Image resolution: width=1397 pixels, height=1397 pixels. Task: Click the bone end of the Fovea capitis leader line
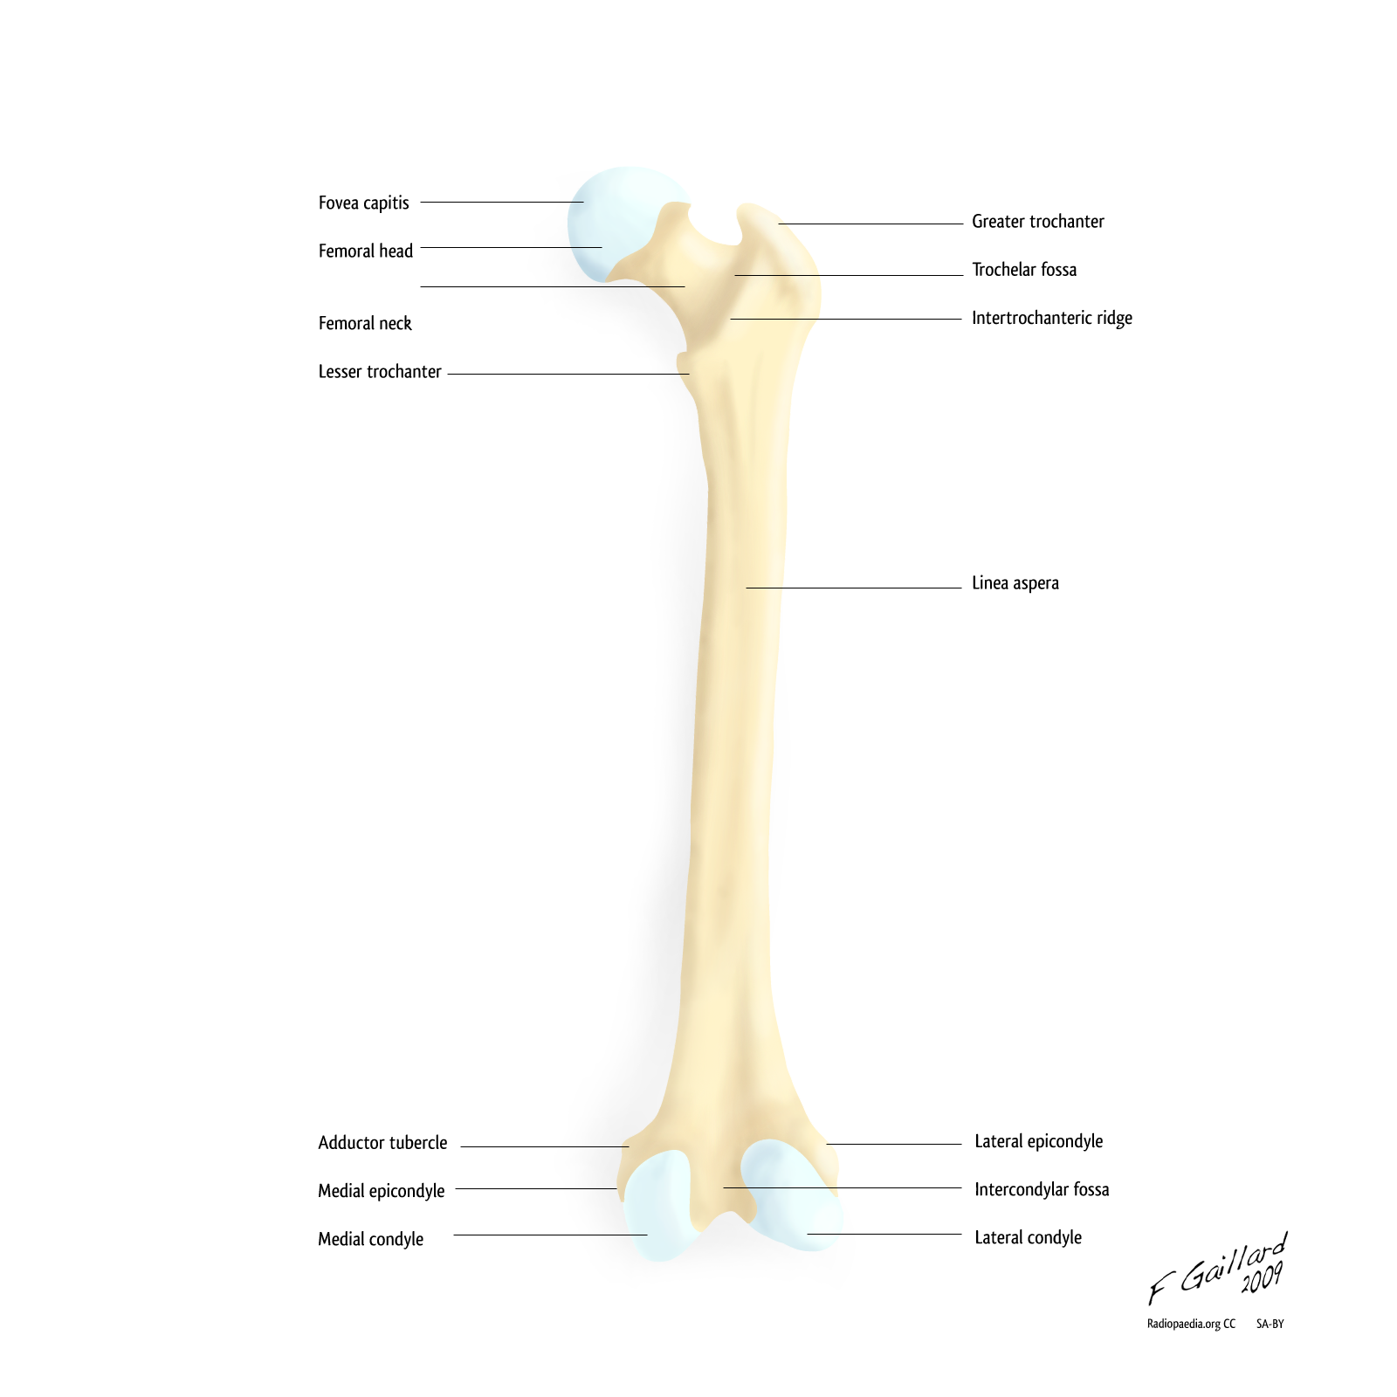point(583,202)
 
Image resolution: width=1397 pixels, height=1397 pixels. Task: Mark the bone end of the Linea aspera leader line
point(747,588)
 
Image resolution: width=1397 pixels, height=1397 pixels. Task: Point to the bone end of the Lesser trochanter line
point(689,374)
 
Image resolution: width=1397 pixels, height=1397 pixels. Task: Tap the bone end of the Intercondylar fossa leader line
point(724,1187)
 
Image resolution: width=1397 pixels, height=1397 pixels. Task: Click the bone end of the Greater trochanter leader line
point(779,224)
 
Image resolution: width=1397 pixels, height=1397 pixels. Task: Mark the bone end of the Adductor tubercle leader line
point(629,1146)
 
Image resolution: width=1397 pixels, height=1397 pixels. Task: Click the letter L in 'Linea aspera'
point(976,582)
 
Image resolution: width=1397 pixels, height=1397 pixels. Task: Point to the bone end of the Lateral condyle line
point(808,1234)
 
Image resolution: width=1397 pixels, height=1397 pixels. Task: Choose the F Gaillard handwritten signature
point(1217,1269)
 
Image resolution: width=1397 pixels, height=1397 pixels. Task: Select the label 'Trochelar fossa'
point(1024,269)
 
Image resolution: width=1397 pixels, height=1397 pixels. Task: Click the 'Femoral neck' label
point(365,323)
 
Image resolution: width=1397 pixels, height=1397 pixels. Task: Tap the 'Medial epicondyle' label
point(382,1191)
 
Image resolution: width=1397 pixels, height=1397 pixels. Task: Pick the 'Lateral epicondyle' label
point(1039,1141)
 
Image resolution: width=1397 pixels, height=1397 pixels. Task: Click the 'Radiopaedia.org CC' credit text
point(1191,1324)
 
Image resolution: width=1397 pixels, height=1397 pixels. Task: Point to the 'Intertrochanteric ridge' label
point(1052,318)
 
